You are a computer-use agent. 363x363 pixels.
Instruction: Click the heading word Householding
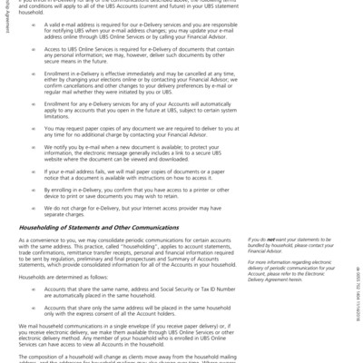click(x=40, y=226)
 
